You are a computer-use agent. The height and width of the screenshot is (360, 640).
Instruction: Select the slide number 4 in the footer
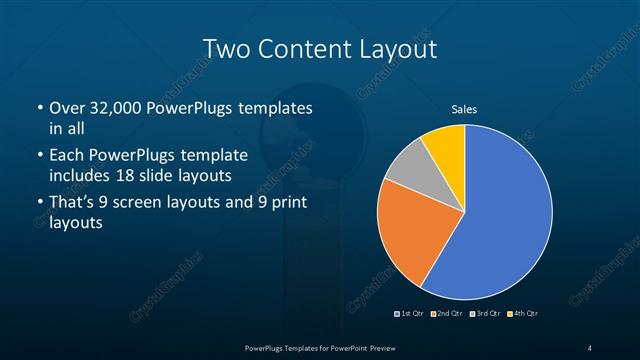click(590, 347)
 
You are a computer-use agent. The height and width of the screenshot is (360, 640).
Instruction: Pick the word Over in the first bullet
click(66, 107)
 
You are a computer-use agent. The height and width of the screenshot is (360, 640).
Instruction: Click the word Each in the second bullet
click(66, 156)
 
